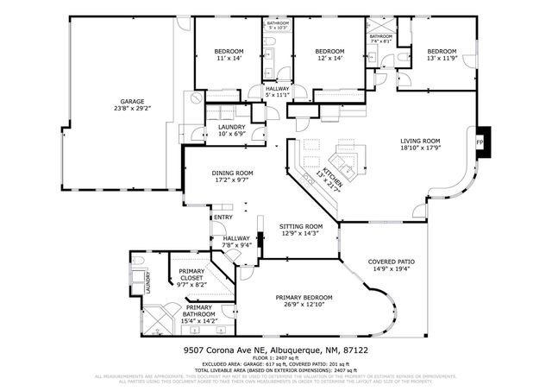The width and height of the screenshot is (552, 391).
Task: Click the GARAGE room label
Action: (132, 101)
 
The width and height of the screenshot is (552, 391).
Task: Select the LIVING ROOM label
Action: (420, 142)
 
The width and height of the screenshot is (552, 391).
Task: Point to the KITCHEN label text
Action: (332, 173)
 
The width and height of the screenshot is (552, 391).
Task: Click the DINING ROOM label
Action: (232, 173)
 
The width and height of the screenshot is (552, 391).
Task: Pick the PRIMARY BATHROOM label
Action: (198, 308)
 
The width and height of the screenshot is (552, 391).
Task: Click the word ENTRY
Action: (223, 217)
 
